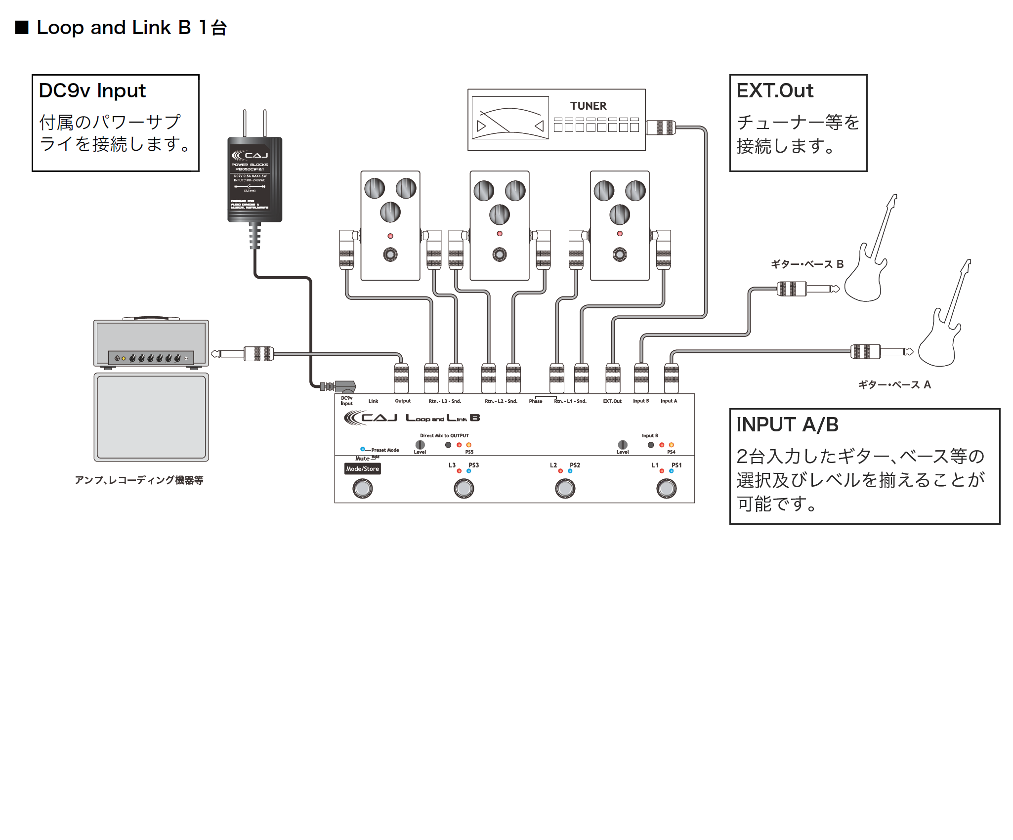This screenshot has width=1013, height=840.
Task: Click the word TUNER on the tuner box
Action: [588, 106]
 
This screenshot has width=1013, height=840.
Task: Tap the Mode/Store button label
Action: [362, 469]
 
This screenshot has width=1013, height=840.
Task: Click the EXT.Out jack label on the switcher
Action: [612, 401]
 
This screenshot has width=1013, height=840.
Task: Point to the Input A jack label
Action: [669, 401]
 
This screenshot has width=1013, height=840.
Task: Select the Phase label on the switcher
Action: [535, 401]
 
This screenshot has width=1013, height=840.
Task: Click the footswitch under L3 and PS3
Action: [464, 489]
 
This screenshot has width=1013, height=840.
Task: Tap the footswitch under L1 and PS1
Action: [666, 489]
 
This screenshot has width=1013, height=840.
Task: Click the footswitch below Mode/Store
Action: [362, 489]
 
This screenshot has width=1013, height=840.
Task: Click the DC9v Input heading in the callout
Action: [92, 91]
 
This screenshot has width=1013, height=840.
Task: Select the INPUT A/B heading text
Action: [787, 425]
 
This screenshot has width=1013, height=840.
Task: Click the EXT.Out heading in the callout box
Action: [774, 91]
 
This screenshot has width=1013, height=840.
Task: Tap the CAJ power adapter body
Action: [254, 180]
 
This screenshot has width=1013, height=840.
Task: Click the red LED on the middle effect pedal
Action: [500, 234]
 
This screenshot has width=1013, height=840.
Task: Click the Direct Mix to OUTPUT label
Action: [444, 436]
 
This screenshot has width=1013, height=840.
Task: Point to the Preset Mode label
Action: [385, 450]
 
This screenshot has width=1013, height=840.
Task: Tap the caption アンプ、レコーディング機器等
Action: [139, 480]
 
